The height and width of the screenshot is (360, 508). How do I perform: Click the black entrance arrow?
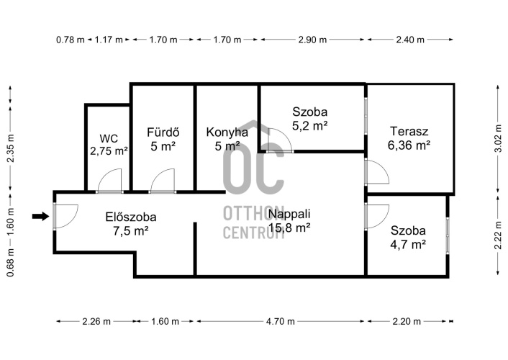tap(40, 216)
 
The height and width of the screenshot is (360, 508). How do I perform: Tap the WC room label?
tap(109, 138)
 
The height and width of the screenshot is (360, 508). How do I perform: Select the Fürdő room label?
tap(163, 132)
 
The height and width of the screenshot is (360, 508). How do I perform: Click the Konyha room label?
tap(227, 132)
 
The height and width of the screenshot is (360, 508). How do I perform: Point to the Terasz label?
tap(409, 131)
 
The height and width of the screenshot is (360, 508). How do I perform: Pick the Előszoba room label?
tap(131, 217)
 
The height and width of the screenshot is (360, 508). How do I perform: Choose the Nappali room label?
tap(289, 214)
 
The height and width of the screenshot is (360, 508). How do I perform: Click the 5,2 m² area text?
tap(309, 125)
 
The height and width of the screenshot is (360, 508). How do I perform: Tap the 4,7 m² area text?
tap(408, 244)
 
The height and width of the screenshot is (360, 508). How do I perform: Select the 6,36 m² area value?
tap(409, 145)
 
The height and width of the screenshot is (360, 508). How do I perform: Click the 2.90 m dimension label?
tap(312, 40)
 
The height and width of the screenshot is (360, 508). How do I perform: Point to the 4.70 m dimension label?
tap(281, 321)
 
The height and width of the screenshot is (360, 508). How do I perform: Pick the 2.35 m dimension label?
tap(10, 148)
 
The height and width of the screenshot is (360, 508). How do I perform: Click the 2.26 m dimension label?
tap(96, 321)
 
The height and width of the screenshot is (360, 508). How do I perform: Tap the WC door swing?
tap(110, 180)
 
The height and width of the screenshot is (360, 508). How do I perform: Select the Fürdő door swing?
tap(163, 180)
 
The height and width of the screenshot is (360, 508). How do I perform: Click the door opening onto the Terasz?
tap(377, 172)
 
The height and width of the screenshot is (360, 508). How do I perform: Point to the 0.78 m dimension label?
tap(71, 40)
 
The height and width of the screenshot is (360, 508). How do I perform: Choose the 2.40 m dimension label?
tap(410, 40)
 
